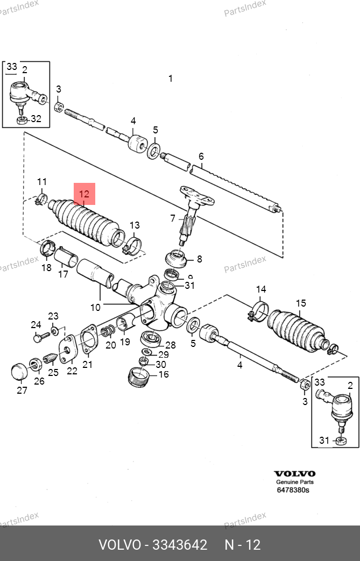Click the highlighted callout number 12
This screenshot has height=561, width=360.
point(84,194)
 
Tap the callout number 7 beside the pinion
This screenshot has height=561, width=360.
point(173,218)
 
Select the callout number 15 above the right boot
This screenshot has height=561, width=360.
point(301,303)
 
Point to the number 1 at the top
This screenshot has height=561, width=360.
point(171,78)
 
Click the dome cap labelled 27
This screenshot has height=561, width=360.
point(19,371)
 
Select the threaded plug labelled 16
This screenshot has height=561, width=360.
point(138,377)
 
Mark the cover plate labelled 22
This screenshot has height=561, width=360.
point(68,349)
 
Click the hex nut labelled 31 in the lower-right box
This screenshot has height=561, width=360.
point(341,441)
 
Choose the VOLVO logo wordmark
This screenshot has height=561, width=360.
point(294,474)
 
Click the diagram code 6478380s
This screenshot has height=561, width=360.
point(293,490)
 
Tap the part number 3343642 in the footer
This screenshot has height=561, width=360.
point(180,545)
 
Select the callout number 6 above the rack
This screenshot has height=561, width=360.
point(201,157)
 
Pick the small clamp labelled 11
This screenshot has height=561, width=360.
point(41,199)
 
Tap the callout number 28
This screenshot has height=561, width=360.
point(171,345)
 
